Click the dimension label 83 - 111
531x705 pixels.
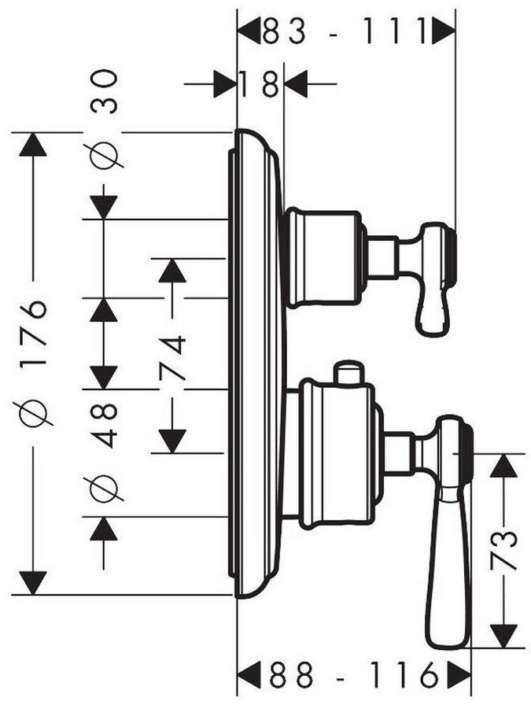coord(344,31)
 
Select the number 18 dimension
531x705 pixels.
coord(259,83)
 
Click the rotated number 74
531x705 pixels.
coord(172,357)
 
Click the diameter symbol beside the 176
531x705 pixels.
coord(35,412)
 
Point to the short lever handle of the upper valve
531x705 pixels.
coord(433,279)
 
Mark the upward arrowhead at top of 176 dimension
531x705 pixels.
coord(32,144)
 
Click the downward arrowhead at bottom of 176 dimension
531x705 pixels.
coord(32,583)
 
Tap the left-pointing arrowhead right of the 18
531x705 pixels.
coord(297,83)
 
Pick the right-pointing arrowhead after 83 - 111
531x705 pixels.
coord(444,31)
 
